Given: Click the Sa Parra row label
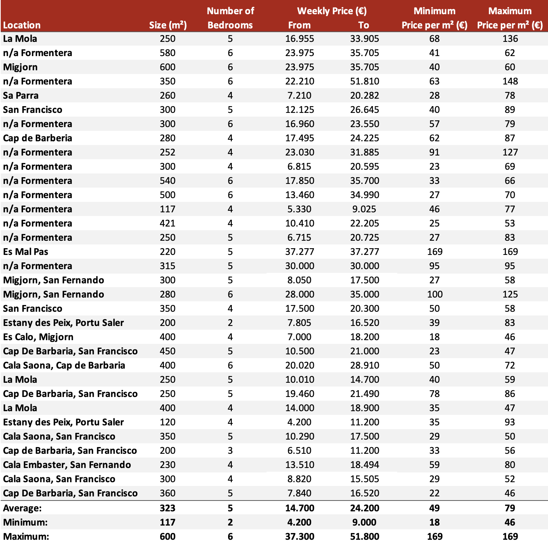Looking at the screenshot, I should tap(21, 96).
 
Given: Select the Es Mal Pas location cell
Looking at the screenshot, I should tap(26, 252).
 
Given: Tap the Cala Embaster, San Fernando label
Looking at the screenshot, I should tap(67, 465).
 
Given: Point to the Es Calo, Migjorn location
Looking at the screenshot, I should tap(38, 337).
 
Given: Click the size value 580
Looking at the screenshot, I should tap(168, 53).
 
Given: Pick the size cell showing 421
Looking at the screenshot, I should tap(168, 224).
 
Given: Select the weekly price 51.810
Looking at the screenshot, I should tap(364, 81).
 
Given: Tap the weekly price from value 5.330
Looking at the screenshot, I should tap(299, 209).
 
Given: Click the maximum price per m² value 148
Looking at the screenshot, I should tap(510, 81).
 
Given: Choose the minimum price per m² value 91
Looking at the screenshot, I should tap(435, 153).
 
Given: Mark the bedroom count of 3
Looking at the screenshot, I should tap(230, 451).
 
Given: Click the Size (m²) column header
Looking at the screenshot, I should tap(168, 25).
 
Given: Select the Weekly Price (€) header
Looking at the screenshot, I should tap(332, 11).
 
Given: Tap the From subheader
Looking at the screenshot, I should tap(299, 25).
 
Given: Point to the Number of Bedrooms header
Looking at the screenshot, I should tap(230, 18).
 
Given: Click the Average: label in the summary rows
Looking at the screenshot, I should tap(22, 508).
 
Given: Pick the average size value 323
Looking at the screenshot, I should tap(168, 508).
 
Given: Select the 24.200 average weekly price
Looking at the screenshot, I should tap(364, 508).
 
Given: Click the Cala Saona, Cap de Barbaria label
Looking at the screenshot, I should tap(64, 366).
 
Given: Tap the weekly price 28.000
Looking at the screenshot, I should tap(299, 295).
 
